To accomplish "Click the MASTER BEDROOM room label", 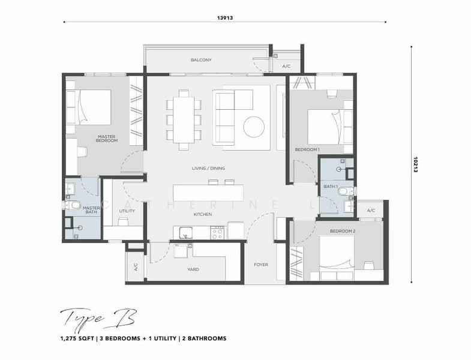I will (x=107, y=139).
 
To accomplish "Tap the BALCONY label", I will (x=201, y=60).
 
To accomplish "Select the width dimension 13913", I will (x=225, y=18).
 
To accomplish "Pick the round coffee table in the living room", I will (x=253, y=125).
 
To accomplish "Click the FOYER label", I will (x=261, y=265).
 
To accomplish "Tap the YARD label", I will (x=193, y=269).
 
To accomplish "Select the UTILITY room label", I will (x=127, y=211).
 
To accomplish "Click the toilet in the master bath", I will (x=73, y=205).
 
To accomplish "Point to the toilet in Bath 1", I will (x=343, y=191).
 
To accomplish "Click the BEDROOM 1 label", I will (x=307, y=149).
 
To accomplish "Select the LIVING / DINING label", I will (x=208, y=169).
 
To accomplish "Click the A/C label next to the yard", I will (x=135, y=266).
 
